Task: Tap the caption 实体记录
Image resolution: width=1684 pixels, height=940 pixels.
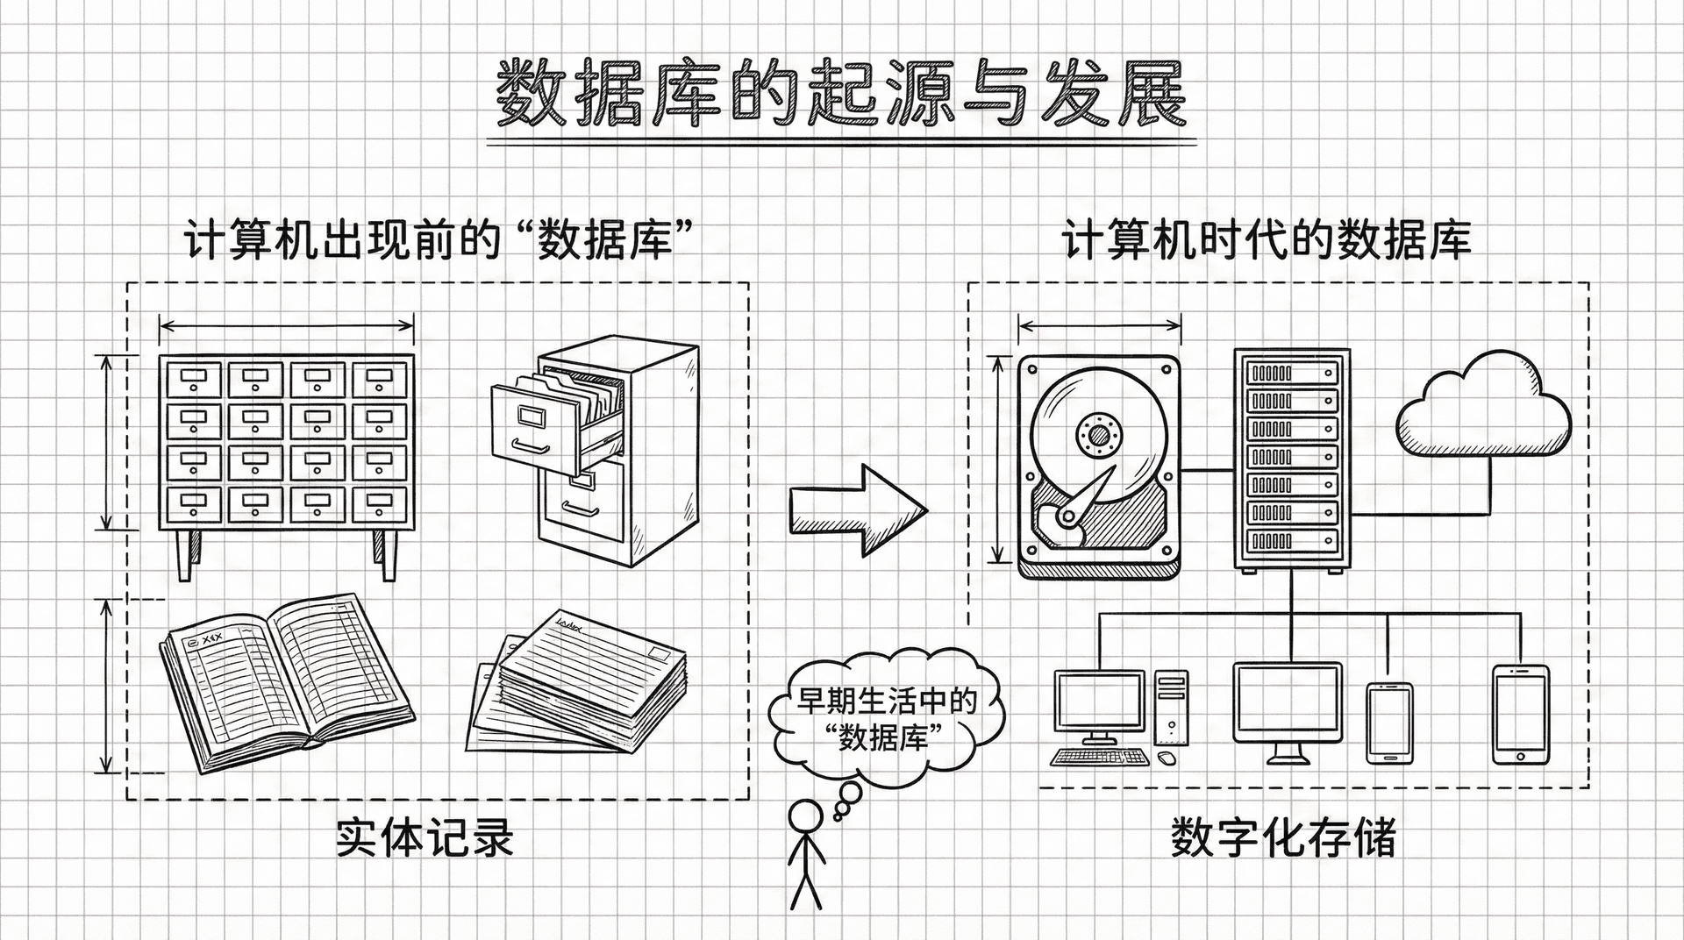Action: pyautogui.click(x=425, y=837)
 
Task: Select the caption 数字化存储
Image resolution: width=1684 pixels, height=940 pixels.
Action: pyautogui.click(x=1282, y=837)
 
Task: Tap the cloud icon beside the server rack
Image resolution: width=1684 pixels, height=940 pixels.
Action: pyautogui.click(x=1483, y=408)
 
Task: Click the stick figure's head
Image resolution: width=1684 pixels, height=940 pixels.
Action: pyautogui.click(x=804, y=815)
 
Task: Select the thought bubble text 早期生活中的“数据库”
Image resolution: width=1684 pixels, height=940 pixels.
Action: pyautogui.click(x=886, y=719)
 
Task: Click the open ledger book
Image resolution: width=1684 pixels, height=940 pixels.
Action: pyautogui.click(x=285, y=680)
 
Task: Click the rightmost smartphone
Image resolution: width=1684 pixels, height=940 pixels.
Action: pyautogui.click(x=1520, y=714)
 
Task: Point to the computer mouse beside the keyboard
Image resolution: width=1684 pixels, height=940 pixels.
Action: pyautogui.click(x=1166, y=757)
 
